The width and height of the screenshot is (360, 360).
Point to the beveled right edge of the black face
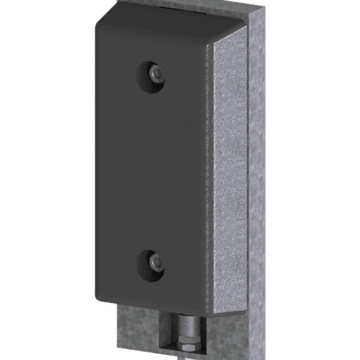pos(206,171)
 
